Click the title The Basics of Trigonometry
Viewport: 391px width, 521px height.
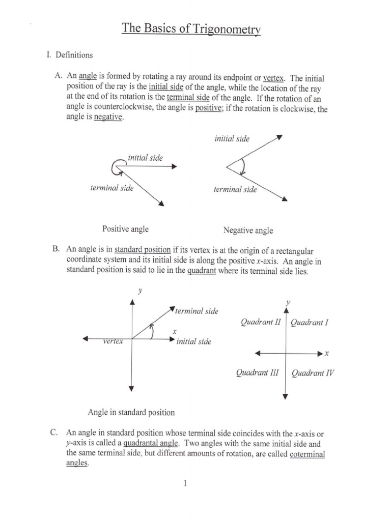191,28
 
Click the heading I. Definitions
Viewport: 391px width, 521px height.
69,54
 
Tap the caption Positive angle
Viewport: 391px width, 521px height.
126,229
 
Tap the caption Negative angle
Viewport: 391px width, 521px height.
248,230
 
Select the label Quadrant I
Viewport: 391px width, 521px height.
310,323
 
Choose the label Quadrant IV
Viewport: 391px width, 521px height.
313,373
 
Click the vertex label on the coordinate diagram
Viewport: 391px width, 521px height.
113,341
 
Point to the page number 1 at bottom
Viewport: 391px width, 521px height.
186,483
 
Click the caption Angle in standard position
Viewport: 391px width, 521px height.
131,412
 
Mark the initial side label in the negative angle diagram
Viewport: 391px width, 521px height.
232,138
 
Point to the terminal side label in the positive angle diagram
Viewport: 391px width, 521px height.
112,188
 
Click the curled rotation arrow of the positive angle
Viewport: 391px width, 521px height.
115,166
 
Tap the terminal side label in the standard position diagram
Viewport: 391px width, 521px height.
197,311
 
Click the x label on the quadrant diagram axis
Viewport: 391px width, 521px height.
327,353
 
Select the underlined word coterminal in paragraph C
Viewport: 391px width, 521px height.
307,454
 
